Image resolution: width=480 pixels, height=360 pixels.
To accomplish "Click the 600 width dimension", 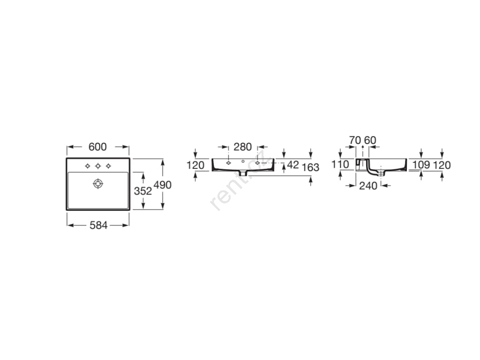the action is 97,147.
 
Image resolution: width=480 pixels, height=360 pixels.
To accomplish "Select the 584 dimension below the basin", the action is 98,225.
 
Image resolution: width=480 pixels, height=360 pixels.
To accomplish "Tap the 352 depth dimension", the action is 143,191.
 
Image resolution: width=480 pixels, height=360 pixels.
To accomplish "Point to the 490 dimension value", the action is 163,185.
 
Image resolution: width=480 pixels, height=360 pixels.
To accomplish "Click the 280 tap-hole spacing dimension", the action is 242,147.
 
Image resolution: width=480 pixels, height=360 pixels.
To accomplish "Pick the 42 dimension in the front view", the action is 293,165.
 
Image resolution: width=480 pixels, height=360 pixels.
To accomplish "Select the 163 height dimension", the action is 310,167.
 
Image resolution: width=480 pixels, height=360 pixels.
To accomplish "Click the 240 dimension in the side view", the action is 368,186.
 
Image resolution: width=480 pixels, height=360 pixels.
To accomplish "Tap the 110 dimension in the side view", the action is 340,165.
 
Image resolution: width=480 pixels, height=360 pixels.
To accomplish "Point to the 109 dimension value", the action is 421,165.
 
